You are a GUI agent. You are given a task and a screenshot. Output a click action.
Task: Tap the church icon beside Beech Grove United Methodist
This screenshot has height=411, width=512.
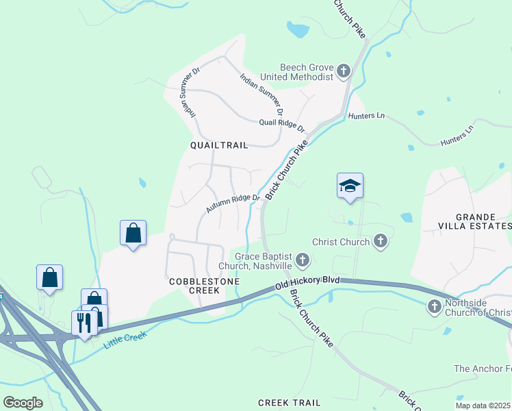(343, 70)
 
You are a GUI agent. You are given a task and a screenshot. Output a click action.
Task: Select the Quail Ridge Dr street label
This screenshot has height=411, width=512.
(281, 124)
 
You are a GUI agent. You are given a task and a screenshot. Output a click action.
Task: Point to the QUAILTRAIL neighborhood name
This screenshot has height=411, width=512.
(218, 145)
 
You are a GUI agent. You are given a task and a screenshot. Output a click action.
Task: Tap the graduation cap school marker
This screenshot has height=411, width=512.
(350, 186)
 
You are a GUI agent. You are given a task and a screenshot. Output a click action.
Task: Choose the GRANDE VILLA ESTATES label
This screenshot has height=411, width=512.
(474, 220)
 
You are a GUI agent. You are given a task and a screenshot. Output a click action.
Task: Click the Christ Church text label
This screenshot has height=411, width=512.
(341, 242)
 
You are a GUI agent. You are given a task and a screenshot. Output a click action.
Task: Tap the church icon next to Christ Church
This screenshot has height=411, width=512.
(381, 241)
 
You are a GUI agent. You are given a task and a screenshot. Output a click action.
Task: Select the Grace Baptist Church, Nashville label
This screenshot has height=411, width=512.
(255, 260)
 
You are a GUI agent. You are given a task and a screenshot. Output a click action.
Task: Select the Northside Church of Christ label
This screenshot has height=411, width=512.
(477, 308)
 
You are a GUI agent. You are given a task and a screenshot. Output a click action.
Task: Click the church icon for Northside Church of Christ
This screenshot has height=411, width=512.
(435, 307)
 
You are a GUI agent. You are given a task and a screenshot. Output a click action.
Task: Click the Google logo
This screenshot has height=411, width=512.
(23, 402)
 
